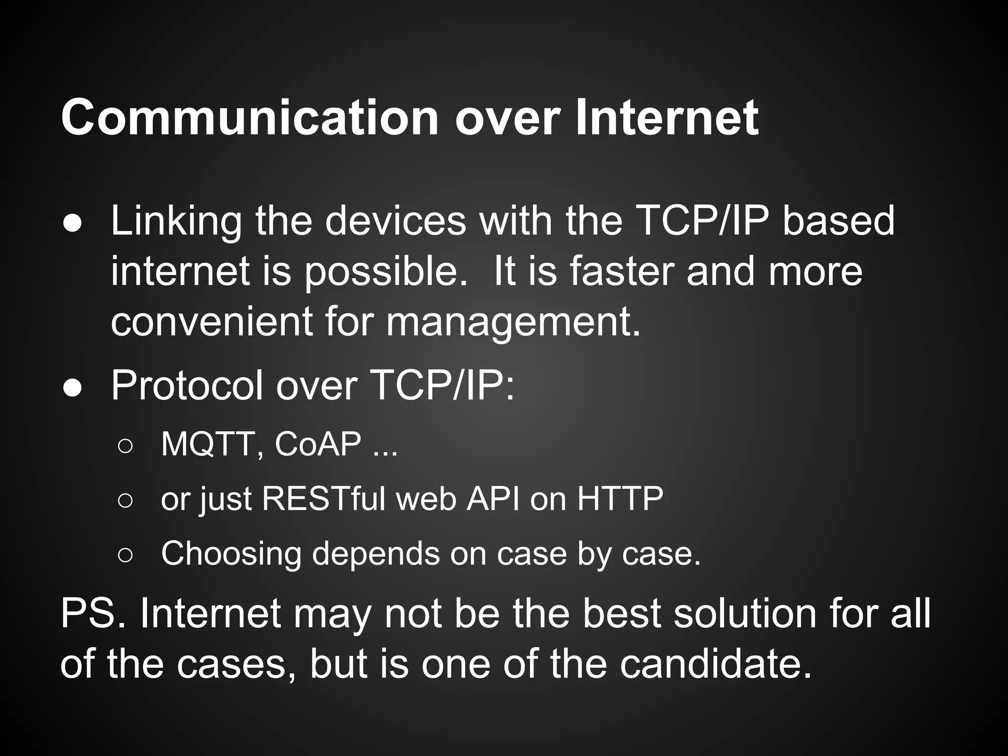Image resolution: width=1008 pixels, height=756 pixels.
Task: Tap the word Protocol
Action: [x=188, y=386]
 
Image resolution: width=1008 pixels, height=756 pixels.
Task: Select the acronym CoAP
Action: [x=318, y=444]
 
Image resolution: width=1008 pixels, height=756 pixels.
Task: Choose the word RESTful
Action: [x=324, y=499]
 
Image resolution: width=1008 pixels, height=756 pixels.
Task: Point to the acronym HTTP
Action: [x=620, y=499]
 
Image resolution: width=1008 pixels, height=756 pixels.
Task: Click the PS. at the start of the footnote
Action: [x=94, y=614]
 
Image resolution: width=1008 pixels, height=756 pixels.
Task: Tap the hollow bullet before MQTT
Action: [x=125, y=446]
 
